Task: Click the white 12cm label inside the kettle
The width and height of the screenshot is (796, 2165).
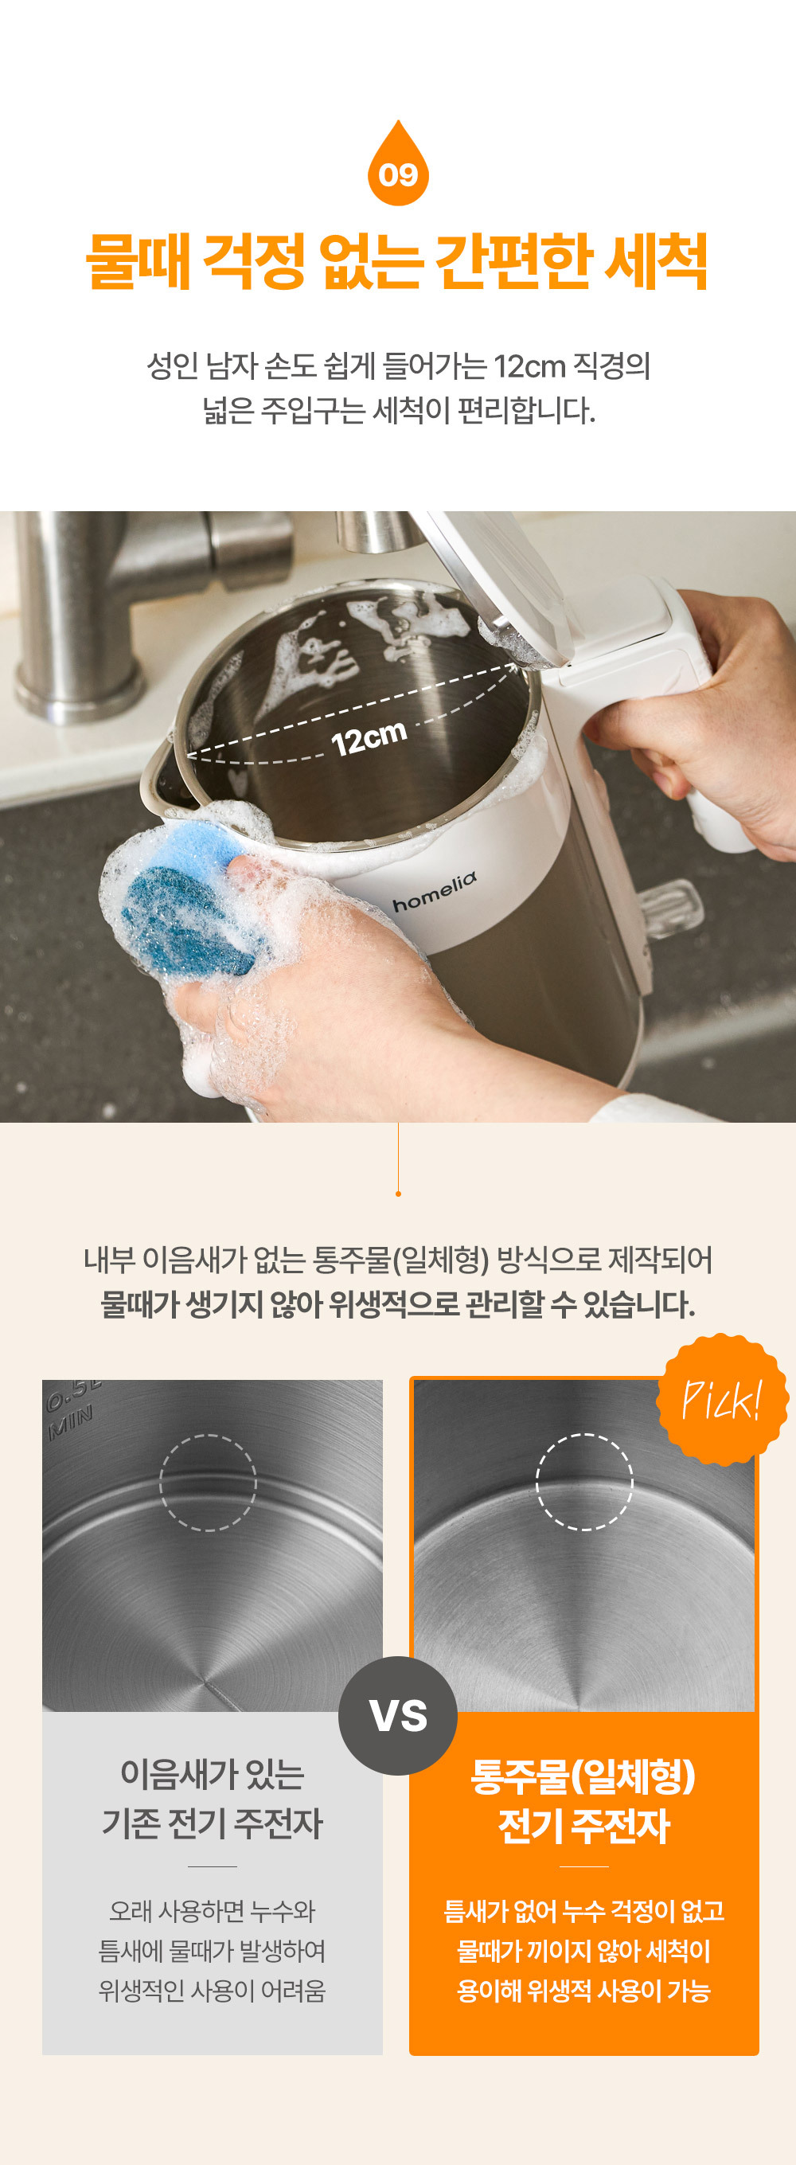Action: pos(369,739)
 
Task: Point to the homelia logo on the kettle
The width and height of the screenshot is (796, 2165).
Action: pos(435,892)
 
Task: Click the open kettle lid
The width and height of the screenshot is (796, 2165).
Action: pos(496,580)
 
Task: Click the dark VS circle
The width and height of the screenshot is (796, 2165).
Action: pos(397,1715)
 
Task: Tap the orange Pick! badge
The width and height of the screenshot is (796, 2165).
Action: pos(723,1399)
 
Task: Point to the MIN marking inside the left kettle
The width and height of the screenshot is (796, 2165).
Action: pos(71,1423)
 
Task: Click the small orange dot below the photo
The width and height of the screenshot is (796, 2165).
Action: pos(399,1194)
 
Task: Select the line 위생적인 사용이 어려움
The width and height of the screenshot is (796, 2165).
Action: pos(212,1990)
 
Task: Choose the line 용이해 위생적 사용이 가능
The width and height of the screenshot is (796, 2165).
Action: pos(583,1990)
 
